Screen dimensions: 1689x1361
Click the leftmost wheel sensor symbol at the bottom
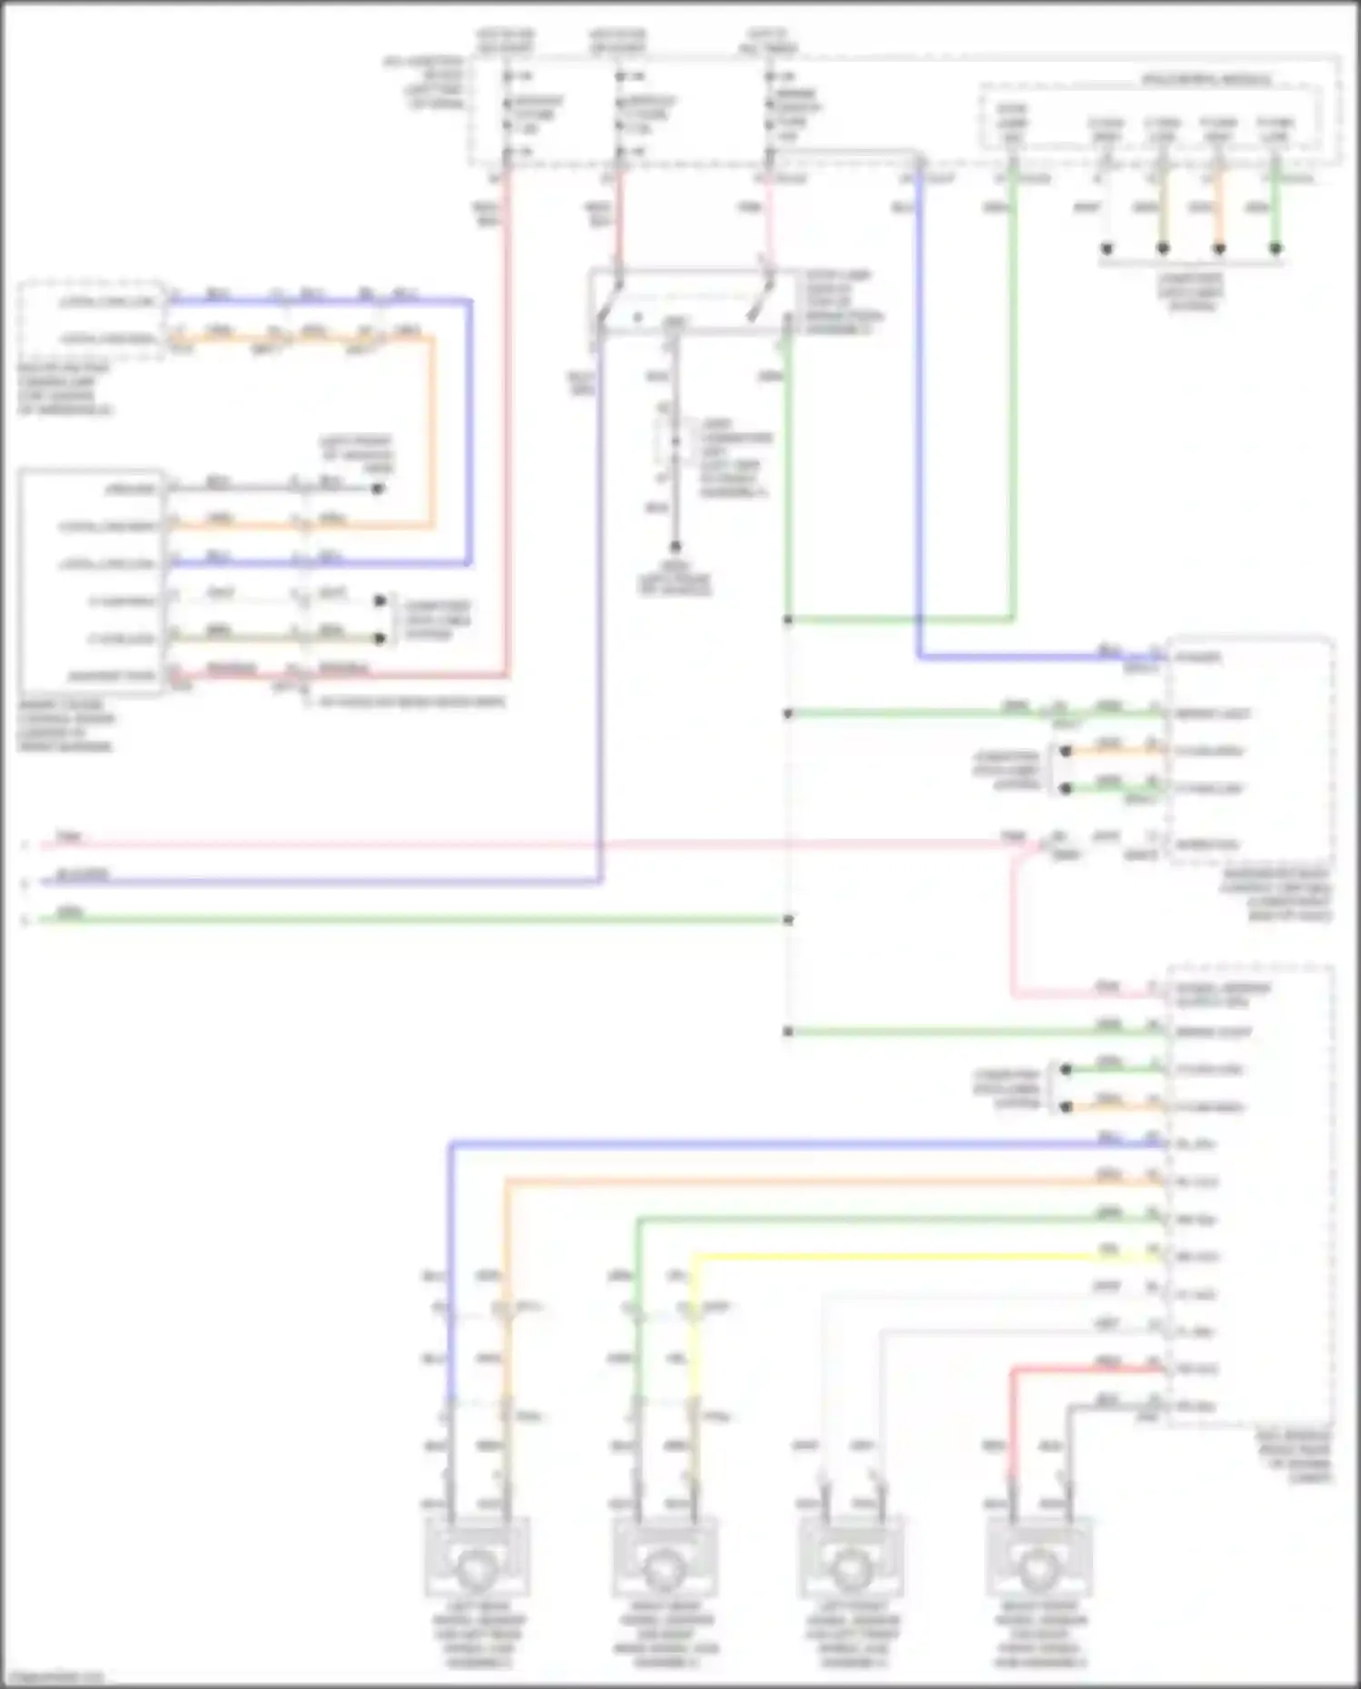pos(478,1560)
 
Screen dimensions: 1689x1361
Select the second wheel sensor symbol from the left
pos(666,1560)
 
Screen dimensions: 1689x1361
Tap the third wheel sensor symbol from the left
pos(853,1560)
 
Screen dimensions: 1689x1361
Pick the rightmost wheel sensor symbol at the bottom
pos(1040,1560)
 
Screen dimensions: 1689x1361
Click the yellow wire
pos(908,1257)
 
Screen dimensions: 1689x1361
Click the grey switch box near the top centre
pos(690,300)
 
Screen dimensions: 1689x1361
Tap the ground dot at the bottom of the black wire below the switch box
pos(675,547)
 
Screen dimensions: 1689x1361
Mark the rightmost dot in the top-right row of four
pos(1276,248)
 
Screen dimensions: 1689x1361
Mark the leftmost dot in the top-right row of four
pos(1106,248)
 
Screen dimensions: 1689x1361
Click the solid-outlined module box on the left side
pos(92,582)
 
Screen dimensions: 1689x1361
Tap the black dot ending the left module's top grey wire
pos(379,488)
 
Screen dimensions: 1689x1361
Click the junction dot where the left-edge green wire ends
pos(788,919)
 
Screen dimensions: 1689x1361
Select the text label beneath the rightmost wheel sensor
pos(1040,1634)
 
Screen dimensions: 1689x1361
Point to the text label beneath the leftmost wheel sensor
pos(478,1634)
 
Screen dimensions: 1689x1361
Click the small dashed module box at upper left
pos(92,319)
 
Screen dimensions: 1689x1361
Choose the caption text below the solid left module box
pos(65,725)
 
